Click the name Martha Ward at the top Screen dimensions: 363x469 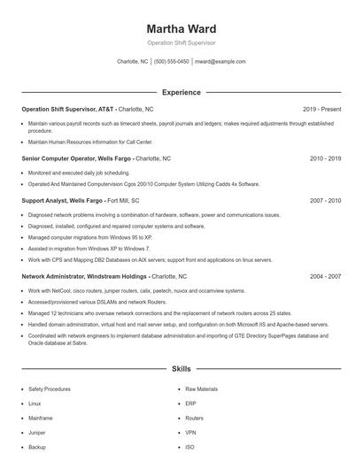[x=181, y=29]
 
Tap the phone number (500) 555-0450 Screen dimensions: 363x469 [x=171, y=62]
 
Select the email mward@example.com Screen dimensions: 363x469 [x=220, y=62]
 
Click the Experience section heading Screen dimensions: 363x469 [x=181, y=92]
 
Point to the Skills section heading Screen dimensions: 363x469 [x=181, y=368]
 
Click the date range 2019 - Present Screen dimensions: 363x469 [x=321, y=109]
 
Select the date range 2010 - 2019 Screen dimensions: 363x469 [x=325, y=158]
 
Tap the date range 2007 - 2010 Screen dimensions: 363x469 [x=325, y=201]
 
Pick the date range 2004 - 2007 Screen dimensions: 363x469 [x=325, y=276]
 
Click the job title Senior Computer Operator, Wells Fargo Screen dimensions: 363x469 [x=76, y=158]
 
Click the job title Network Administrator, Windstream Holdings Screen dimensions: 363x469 [x=85, y=276]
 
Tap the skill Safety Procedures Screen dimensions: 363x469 [x=49, y=389]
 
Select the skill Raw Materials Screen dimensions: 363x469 [x=201, y=389]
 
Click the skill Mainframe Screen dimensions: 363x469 [x=41, y=419]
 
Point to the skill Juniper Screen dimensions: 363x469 [x=36, y=433]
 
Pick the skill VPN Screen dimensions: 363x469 [x=190, y=433]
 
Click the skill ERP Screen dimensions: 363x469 [x=190, y=404]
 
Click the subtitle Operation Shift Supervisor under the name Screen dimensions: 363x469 [x=181, y=42]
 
